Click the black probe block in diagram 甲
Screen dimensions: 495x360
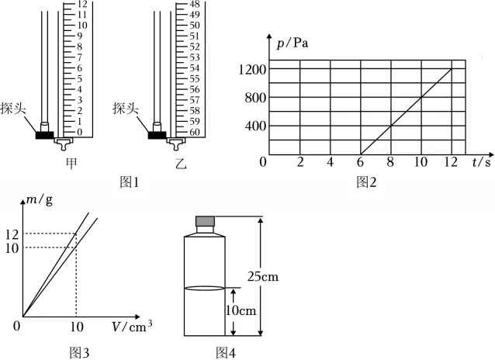[x=44, y=135]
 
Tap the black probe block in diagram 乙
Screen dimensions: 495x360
[x=157, y=135]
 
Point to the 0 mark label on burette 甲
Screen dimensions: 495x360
[x=80, y=132]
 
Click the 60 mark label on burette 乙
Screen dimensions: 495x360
[x=195, y=132]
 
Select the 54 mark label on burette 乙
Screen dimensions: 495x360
[x=195, y=68]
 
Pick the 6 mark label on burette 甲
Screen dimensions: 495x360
[x=80, y=68]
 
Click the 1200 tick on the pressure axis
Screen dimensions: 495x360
[x=252, y=70]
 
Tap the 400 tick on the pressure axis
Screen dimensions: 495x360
[x=255, y=126]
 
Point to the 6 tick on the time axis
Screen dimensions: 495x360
[x=360, y=162]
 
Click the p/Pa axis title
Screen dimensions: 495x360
[x=292, y=43]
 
